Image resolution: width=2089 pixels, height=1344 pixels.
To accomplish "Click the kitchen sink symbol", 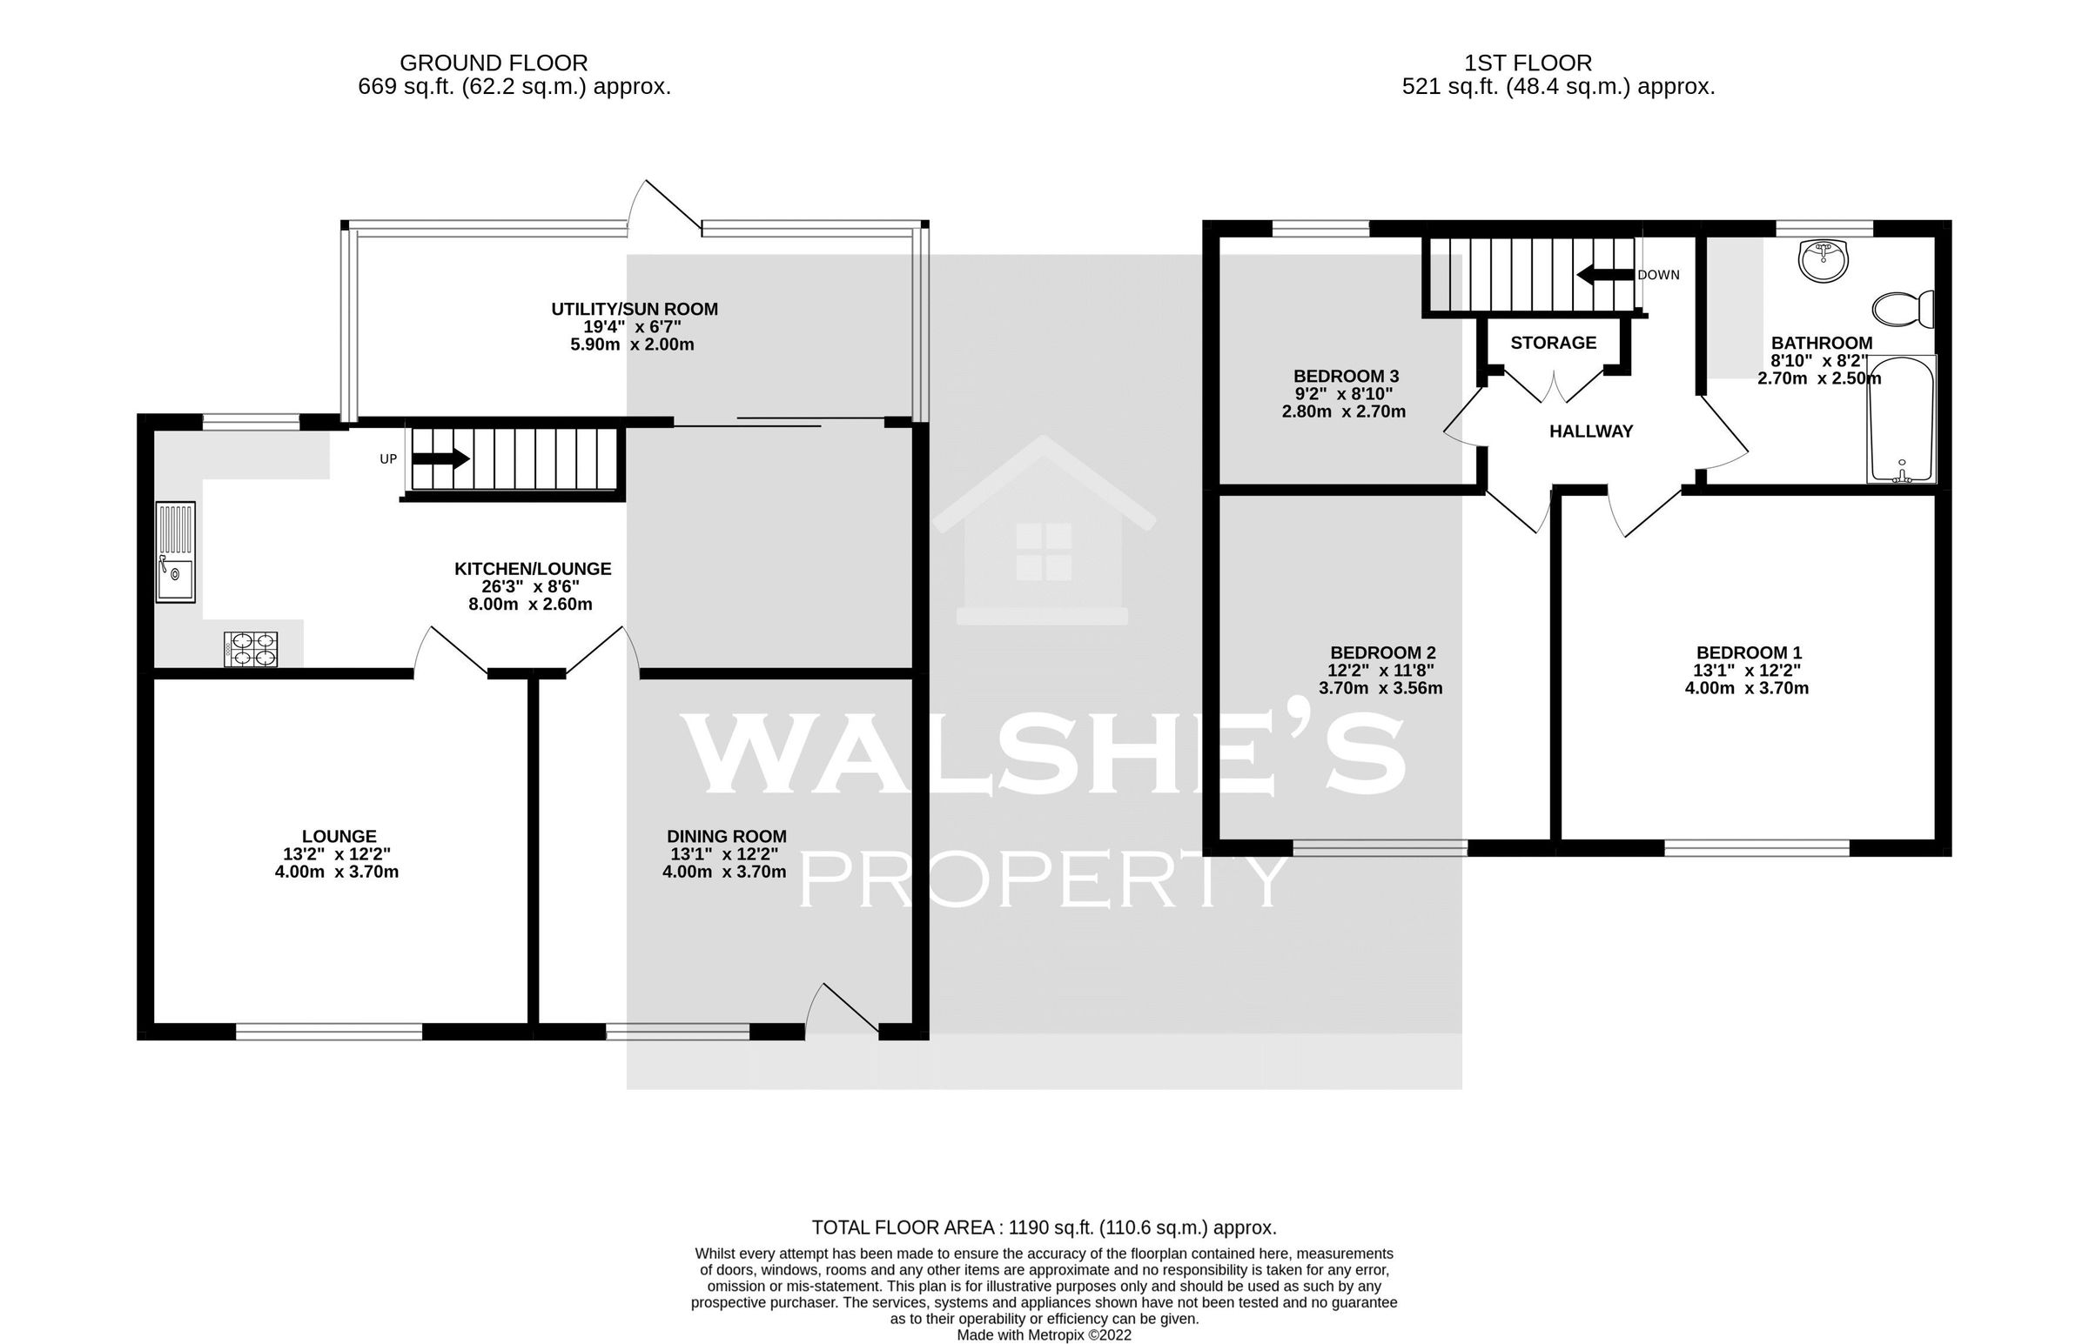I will (176, 552).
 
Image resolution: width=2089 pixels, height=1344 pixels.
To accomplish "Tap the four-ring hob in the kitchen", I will (252, 650).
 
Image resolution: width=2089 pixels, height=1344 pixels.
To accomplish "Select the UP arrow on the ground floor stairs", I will (440, 458).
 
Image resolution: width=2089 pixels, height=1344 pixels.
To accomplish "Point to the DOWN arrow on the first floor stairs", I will (1604, 275).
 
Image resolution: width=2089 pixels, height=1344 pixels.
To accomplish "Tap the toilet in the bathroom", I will (1903, 309).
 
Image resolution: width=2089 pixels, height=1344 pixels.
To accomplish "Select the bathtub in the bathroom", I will (1901, 419).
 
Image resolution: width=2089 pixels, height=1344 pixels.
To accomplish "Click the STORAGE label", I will (1553, 343).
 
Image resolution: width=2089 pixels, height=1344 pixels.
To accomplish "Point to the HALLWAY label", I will (1590, 431).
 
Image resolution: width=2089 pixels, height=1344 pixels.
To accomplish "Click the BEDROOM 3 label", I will (1346, 376).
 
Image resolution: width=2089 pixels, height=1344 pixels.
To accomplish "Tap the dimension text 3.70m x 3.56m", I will (1380, 688).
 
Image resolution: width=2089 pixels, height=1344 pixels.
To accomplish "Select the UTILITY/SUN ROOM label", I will (634, 309).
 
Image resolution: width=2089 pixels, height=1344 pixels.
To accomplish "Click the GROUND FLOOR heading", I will (494, 63).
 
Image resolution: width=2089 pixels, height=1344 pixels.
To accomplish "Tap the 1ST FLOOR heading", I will (1528, 63).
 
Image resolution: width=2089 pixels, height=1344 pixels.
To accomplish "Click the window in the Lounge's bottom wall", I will (329, 1032).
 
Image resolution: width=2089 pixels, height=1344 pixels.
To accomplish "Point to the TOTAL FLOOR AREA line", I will (1044, 1228).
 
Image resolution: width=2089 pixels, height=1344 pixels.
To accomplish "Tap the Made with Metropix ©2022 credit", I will (1044, 1335).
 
